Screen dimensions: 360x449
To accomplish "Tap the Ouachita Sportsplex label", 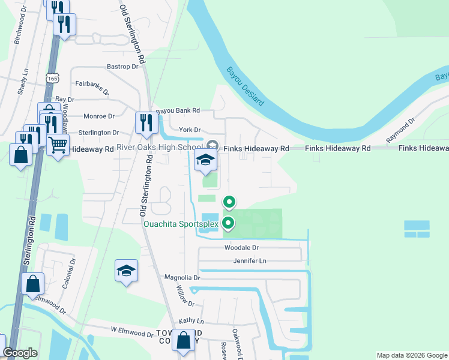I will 180,224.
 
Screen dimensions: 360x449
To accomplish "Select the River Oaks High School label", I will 159,148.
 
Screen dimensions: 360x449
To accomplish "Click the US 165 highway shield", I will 52,78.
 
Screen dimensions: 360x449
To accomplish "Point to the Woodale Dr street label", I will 241,247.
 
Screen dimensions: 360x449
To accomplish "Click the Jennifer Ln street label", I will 249,261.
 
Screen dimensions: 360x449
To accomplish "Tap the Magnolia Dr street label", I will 181,278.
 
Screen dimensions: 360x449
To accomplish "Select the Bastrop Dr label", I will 122,66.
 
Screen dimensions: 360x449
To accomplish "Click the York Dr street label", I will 188,130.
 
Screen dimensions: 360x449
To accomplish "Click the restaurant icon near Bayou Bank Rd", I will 145,122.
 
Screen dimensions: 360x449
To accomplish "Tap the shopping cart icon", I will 58,144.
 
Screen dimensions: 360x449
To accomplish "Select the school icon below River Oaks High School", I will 205,160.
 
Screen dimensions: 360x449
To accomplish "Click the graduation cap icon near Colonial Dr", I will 127,271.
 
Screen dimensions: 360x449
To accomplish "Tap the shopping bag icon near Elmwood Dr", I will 33,283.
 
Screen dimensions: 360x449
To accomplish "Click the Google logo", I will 20,353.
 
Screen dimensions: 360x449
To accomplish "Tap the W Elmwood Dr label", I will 131,331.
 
